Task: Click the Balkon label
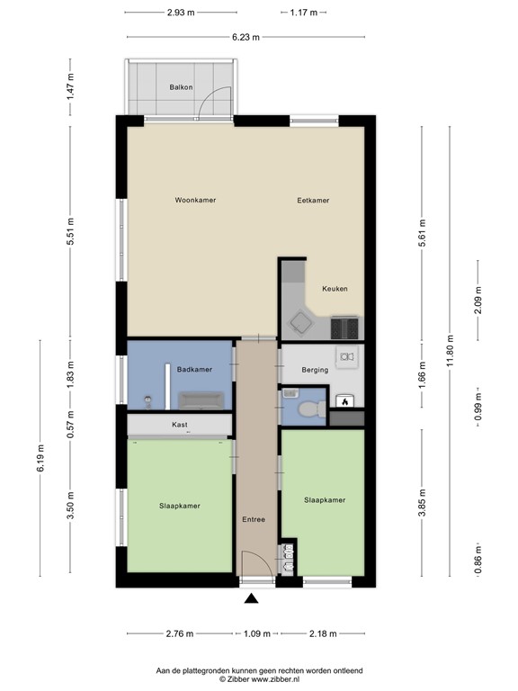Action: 181,87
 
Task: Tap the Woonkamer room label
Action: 195,200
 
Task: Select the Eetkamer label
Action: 313,200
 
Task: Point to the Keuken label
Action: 335,289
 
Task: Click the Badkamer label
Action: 194,369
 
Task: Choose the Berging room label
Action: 315,370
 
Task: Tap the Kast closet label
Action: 180,425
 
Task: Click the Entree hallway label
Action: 254,519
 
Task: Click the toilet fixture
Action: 311,409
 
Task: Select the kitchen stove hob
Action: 344,328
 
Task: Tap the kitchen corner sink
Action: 301,324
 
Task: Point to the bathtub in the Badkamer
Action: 201,400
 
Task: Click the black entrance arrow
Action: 251,598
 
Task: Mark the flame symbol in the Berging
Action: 345,401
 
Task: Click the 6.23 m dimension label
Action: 246,37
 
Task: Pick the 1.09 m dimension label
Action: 257,633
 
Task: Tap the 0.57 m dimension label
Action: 70,424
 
